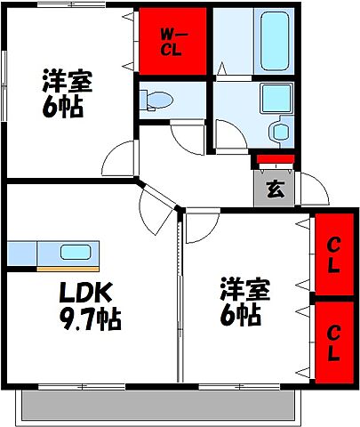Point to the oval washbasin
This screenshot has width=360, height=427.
click(281, 132)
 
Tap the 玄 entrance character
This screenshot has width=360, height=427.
click(275, 189)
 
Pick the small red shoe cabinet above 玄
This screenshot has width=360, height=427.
click(274, 161)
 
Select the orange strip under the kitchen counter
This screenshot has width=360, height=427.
click(67, 266)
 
